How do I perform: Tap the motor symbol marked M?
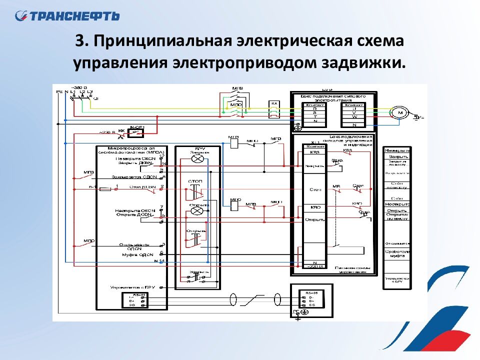(x=400, y=113)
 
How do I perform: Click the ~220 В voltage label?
(x=106, y=132)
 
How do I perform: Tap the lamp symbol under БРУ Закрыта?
(x=197, y=158)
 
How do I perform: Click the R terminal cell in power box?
(x=314, y=108)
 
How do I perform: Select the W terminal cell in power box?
(x=354, y=117)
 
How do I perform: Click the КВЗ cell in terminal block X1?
(x=314, y=152)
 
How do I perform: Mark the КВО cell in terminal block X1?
(x=314, y=207)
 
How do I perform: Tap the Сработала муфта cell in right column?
(x=397, y=253)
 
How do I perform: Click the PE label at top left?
(x=59, y=92)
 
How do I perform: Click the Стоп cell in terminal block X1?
(x=314, y=190)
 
